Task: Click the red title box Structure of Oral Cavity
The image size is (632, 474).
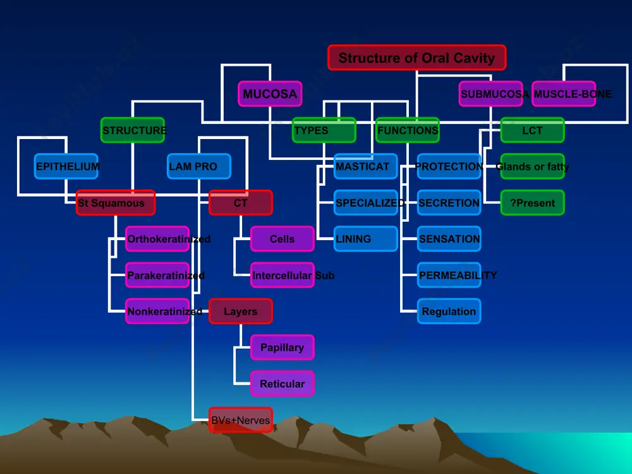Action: (x=416, y=58)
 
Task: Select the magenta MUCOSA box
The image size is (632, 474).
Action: (x=270, y=94)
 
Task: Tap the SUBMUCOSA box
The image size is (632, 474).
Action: (x=491, y=94)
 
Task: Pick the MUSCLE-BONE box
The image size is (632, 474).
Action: (x=564, y=94)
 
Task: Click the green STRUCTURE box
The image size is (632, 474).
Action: (x=133, y=130)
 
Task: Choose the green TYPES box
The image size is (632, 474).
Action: (x=324, y=130)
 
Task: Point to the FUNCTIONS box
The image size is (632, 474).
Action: (x=408, y=130)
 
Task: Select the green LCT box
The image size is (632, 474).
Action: (x=532, y=130)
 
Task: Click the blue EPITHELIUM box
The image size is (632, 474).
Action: (x=66, y=166)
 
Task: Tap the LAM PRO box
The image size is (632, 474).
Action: (x=199, y=166)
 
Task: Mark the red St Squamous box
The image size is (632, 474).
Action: (x=116, y=203)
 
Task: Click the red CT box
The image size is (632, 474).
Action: (x=241, y=203)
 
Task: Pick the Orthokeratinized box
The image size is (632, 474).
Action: (x=157, y=239)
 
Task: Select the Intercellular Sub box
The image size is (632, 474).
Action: (x=283, y=276)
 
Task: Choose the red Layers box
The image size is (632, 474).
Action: (x=241, y=311)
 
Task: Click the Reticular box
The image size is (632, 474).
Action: (x=283, y=384)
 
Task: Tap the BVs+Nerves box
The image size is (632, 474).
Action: (x=241, y=420)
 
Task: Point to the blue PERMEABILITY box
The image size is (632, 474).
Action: (x=449, y=276)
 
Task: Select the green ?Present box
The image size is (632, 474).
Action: (x=532, y=203)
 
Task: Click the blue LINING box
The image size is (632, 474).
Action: (x=366, y=239)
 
